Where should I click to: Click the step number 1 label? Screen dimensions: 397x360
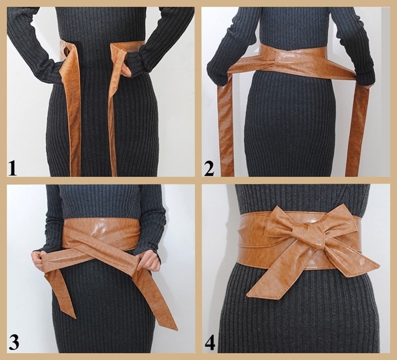12,168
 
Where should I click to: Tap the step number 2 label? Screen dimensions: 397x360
209,168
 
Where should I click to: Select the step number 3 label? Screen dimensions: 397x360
14,341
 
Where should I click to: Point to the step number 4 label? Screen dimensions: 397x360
210,342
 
